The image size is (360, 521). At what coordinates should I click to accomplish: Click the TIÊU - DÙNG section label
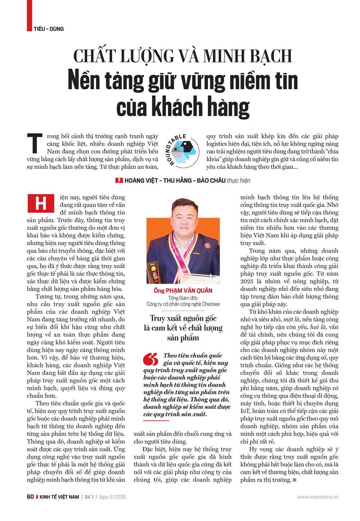49,29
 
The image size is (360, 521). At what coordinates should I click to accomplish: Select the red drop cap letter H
41,203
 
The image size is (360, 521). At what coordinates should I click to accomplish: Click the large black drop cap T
35,143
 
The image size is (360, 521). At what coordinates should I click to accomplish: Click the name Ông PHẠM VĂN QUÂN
183,291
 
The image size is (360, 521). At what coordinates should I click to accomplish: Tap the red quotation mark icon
150,359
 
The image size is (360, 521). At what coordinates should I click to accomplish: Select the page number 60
30,497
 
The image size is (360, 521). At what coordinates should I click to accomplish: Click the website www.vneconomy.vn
318,497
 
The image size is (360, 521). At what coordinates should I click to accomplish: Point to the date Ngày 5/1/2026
112,497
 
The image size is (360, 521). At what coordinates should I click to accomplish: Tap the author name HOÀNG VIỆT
141,181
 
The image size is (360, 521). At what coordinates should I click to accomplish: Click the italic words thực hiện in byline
238,181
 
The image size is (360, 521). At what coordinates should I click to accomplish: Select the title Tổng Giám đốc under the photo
183,298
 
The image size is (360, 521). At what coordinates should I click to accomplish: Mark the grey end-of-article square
294,480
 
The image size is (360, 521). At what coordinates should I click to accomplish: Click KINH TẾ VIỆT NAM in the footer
59,497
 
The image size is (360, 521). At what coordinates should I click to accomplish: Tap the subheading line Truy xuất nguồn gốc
183,318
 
